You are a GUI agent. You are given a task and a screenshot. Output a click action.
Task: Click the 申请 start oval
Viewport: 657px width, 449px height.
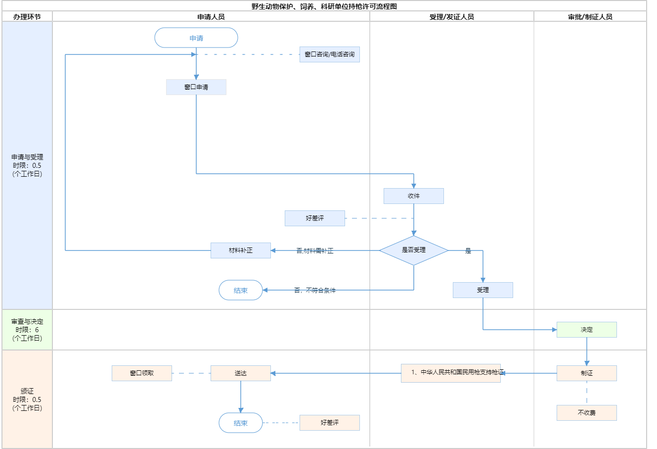click(x=196, y=38)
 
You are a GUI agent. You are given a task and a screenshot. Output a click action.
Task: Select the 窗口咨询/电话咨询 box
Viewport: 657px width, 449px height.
click(x=330, y=54)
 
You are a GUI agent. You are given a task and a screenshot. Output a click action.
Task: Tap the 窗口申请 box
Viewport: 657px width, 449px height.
click(x=196, y=87)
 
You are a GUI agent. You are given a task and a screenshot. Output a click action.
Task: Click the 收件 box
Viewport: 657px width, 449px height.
click(x=414, y=196)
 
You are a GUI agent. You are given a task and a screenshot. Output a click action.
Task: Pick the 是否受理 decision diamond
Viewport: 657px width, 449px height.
click(x=414, y=250)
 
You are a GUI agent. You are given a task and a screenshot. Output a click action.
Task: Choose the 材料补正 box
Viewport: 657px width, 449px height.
click(x=241, y=250)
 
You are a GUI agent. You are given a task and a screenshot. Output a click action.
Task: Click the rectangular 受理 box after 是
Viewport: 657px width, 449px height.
click(x=483, y=290)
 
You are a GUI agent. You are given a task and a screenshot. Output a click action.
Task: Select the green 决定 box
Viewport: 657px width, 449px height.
click(x=587, y=330)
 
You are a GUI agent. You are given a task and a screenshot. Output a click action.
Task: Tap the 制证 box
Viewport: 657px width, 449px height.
click(x=587, y=373)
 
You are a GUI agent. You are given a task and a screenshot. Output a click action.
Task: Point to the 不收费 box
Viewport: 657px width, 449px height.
click(x=587, y=413)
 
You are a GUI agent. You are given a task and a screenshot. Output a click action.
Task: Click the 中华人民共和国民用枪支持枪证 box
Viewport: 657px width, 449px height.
click(x=451, y=373)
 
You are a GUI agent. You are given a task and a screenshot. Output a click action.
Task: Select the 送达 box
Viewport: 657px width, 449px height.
click(x=241, y=373)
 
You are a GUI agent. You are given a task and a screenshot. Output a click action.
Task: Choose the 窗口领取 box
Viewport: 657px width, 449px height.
click(x=142, y=373)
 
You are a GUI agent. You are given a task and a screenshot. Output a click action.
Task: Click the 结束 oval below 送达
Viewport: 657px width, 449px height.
click(x=241, y=423)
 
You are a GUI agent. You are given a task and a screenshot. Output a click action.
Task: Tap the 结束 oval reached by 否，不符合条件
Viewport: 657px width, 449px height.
click(x=241, y=291)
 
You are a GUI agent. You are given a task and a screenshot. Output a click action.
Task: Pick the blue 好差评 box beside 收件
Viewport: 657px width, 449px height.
click(x=315, y=218)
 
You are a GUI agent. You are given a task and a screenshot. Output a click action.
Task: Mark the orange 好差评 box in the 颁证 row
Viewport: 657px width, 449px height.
click(x=330, y=423)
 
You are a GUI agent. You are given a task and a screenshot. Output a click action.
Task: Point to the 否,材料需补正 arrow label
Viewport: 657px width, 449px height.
click(x=315, y=251)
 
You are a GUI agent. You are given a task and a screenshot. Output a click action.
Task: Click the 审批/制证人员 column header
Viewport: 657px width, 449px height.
click(x=590, y=17)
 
